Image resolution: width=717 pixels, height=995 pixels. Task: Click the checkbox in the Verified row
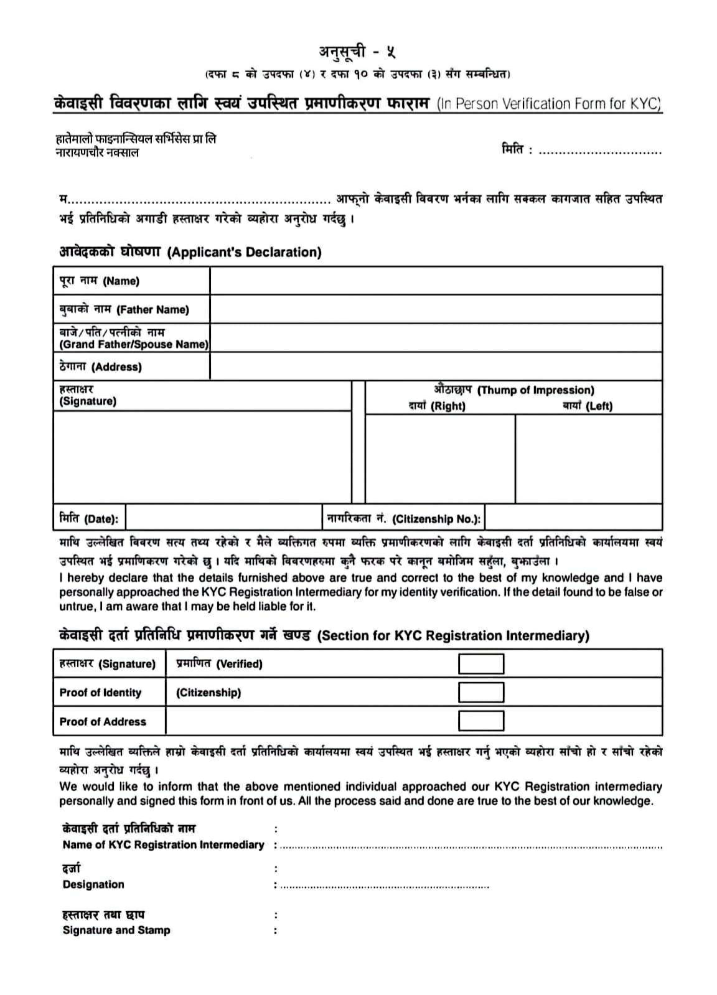click(x=480, y=664)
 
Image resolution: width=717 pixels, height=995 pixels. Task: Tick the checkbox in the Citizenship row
click(x=480, y=693)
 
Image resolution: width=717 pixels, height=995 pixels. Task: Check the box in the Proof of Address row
click(x=480, y=721)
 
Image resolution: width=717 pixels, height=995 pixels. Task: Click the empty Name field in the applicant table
click(x=436, y=281)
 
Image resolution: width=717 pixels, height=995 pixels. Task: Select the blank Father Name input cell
click(x=436, y=309)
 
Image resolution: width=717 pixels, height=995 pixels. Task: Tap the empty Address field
click(x=436, y=367)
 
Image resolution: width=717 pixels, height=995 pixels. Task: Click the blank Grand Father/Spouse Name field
click(x=436, y=338)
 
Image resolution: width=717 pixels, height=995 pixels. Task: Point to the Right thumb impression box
click(x=440, y=459)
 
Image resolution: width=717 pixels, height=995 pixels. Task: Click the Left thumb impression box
click(x=588, y=459)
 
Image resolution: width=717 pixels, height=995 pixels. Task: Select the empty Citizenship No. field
click(x=573, y=518)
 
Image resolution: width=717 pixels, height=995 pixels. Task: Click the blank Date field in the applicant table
click(x=223, y=518)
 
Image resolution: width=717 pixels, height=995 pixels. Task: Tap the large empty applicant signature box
click(x=202, y=457)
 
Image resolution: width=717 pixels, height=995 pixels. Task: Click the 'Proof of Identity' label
click(x=100, y=693)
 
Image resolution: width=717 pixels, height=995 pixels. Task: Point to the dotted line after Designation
click(x=384, y=885)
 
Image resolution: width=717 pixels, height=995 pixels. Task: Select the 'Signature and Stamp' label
click(x=116, y=930)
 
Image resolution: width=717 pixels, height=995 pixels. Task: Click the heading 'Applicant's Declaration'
click(x=245, y=252)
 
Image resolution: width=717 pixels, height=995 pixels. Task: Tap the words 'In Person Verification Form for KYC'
click(x=548, y=104)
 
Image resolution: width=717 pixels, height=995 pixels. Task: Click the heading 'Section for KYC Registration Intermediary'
click(x=453, y=636)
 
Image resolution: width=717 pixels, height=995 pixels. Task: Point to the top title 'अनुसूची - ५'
click(x=357, y=52)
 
